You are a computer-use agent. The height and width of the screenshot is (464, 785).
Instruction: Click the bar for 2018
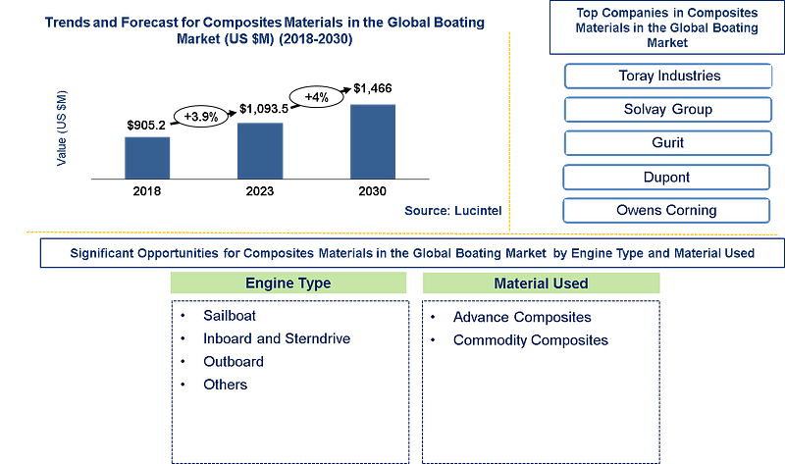(147, 158)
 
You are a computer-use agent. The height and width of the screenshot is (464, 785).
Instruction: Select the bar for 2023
(260, 151)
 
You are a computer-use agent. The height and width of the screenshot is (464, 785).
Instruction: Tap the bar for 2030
(373, 141)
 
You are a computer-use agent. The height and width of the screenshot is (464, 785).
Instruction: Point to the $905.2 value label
(146, 126)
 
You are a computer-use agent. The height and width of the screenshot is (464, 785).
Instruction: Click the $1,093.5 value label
(264, 109)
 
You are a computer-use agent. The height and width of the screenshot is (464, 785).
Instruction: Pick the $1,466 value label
(373, 88)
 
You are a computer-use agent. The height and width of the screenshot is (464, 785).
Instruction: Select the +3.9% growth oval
(201, 117)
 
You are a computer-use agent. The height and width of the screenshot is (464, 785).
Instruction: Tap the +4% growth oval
(317, 96)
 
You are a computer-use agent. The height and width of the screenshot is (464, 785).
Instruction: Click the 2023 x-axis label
(260, 191)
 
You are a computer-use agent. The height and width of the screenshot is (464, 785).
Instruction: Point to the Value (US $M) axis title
(62, 129)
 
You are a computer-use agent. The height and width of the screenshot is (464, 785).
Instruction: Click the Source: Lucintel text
(453, 211)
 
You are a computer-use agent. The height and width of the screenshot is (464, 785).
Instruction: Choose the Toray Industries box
(668, 77)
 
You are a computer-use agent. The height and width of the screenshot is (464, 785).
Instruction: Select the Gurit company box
(668, 143)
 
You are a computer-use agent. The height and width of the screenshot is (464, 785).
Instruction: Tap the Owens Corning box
(666, 210)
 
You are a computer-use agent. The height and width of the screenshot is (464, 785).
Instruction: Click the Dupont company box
(666, 178)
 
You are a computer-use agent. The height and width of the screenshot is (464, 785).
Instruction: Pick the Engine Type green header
(288, 283)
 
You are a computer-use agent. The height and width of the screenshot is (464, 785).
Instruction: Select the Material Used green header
(542, 284)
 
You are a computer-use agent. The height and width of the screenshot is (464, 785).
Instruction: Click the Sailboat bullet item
(230, 316)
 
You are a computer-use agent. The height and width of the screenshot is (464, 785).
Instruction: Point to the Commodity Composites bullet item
(531, 340)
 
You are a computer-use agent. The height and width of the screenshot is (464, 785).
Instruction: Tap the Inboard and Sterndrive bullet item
(277, 338)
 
